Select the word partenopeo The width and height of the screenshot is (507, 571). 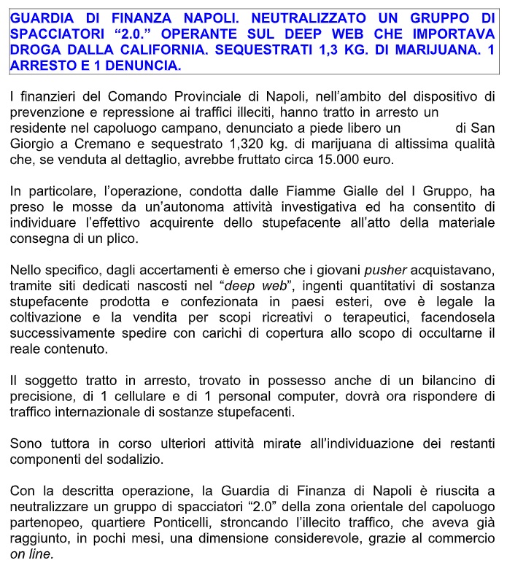(x=42, y=522)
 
